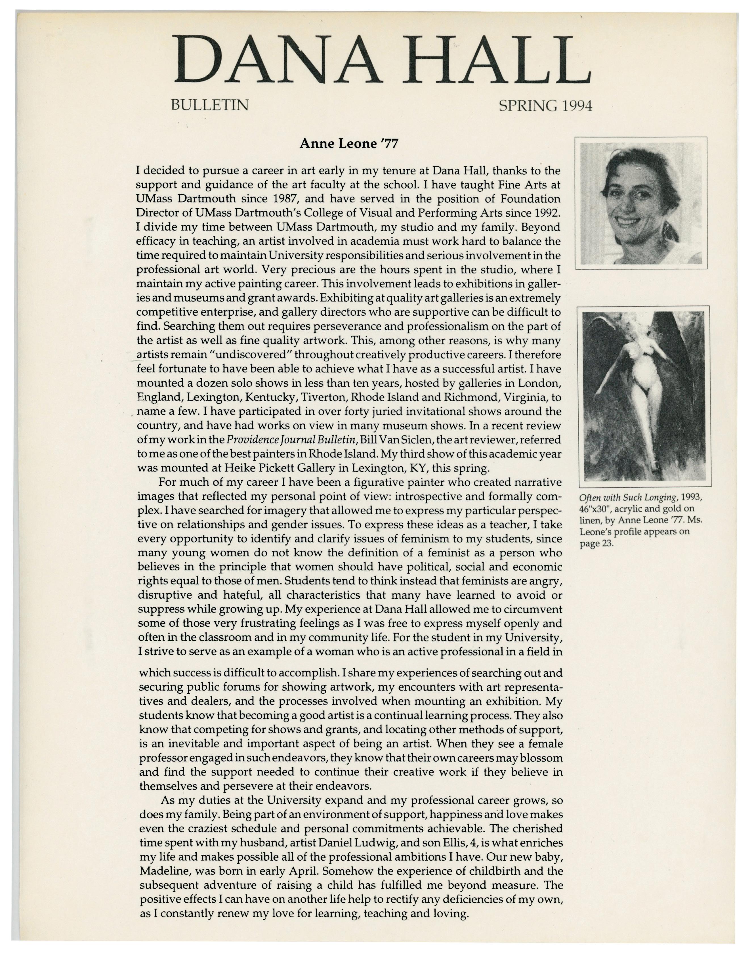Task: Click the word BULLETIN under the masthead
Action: (x=210, y=105)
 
